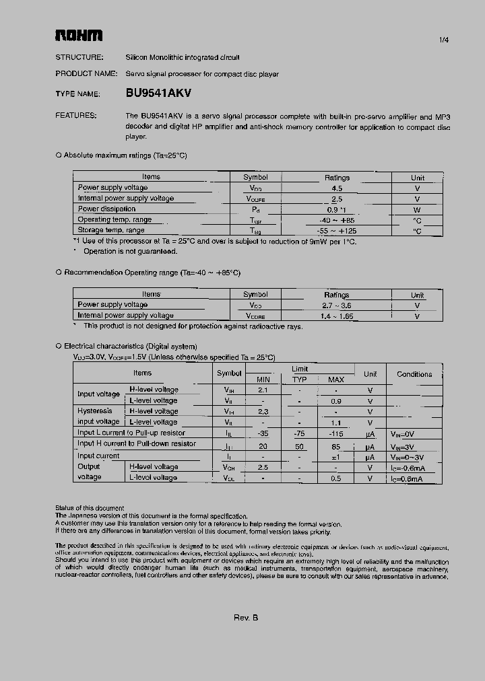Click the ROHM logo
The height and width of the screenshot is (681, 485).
(x=78, y=35)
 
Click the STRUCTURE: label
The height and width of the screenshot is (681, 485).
(x=79, y=58)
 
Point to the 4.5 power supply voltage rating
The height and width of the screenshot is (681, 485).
(x=337, y=188)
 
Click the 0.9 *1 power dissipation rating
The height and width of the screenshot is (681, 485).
(x=337, y=209)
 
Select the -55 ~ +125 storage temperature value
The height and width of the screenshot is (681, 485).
(x=337, y=231)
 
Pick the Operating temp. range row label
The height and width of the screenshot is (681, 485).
(x=115, y=219)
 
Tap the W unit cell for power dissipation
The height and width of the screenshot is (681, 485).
(x=417, y=209)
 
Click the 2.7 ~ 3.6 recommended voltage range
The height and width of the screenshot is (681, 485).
(x=337, y=306)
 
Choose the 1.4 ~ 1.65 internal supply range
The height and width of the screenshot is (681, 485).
(x=337, y=316)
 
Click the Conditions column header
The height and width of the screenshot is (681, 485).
(x=414, y=374)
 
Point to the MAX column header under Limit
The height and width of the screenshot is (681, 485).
(x=335, y=380)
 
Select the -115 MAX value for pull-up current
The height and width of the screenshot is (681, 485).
(x=335, y=433)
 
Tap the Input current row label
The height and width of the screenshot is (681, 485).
(x=98, y=456)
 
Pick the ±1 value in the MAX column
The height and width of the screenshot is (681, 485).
(x=335, y=456)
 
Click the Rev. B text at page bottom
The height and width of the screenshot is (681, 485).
(x=246, y=618)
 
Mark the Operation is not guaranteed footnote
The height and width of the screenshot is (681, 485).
(x=130, y=251)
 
